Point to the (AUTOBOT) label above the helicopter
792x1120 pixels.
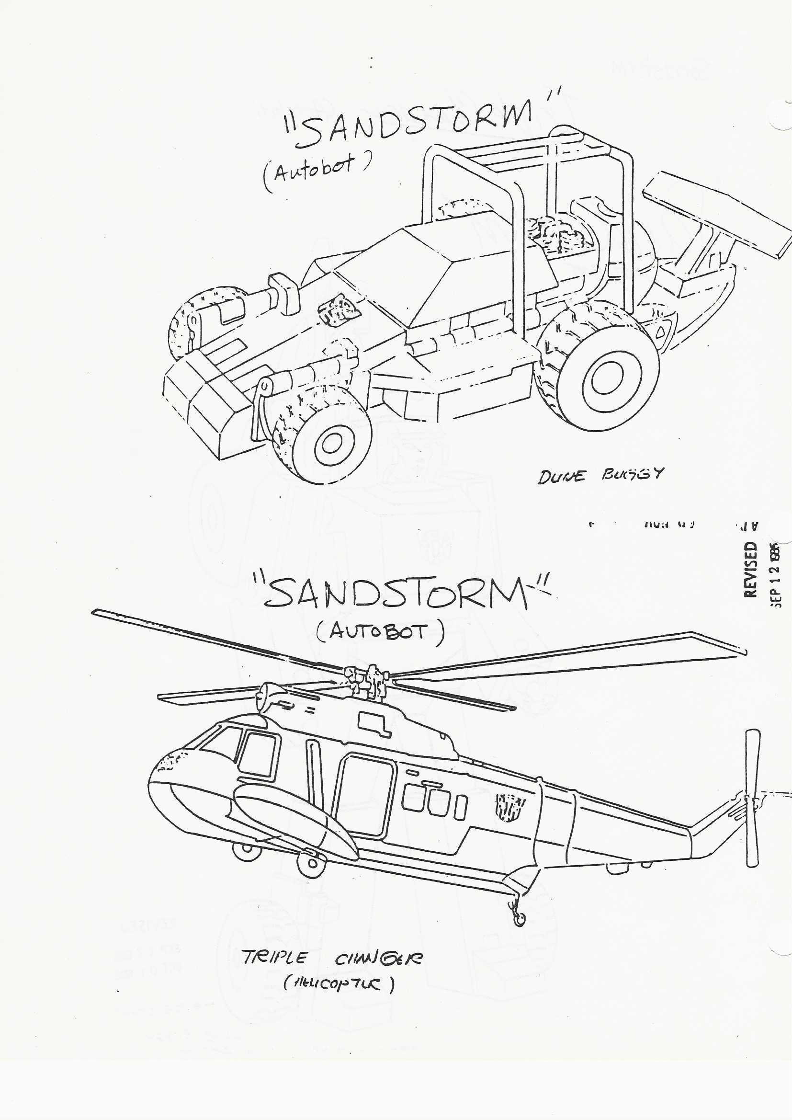click(x=380, y=633)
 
